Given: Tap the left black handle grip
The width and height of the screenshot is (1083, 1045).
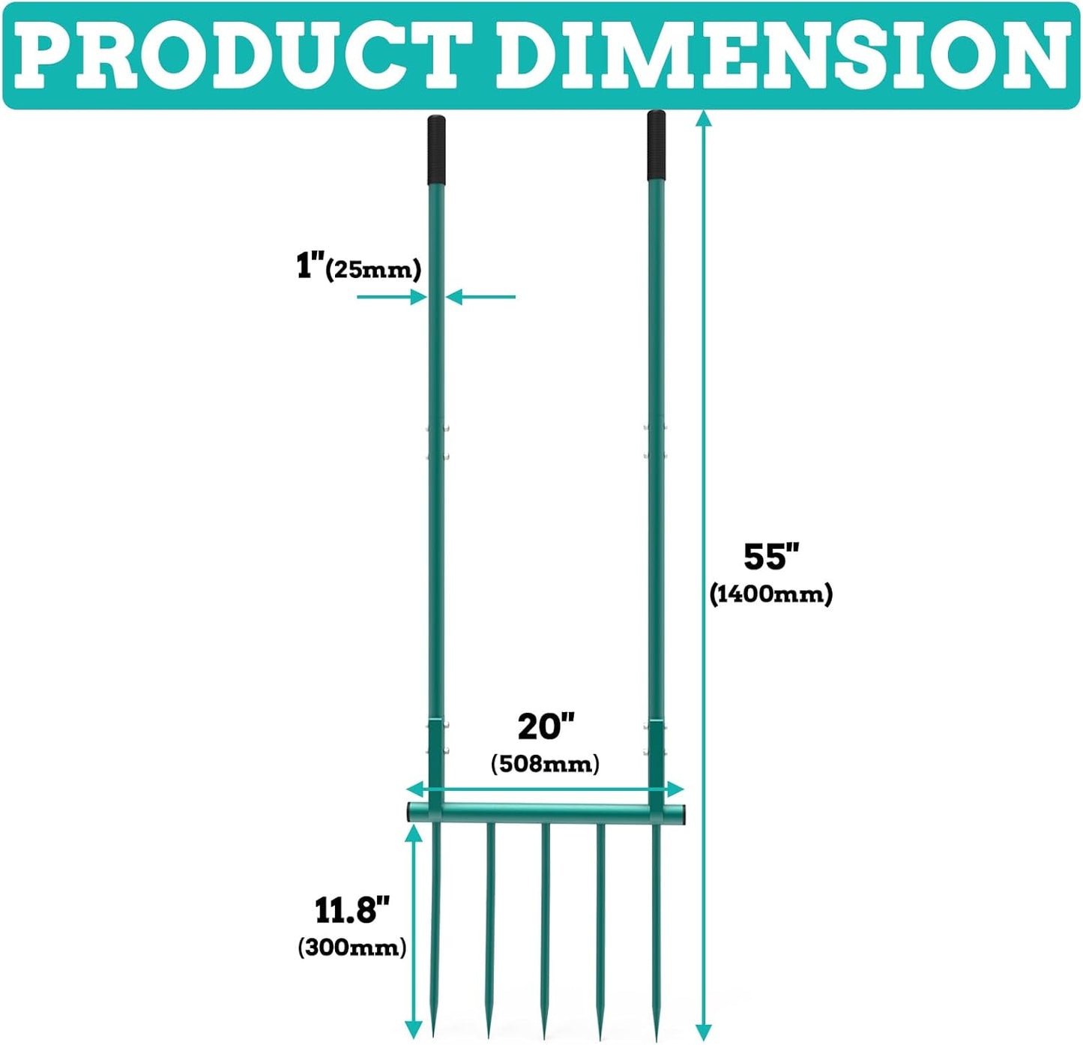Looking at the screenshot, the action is [437, 149].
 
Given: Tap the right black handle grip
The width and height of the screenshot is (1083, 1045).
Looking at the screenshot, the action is [657, 145].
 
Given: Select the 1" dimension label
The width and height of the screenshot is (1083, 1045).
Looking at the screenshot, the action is [310, 265].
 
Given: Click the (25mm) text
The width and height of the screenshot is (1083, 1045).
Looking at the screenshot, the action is [373, 271].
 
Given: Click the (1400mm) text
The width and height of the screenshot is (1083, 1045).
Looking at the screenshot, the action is [770, 594].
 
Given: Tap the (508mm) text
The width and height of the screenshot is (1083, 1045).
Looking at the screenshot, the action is [546, 763].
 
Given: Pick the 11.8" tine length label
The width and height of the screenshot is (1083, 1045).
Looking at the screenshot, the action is [352, 910].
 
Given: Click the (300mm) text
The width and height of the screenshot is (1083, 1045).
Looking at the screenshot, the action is [352, 947].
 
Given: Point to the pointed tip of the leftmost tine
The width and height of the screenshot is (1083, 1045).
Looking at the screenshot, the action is [434, 1038].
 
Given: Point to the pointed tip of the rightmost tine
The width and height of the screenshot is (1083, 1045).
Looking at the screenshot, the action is [656, 1040].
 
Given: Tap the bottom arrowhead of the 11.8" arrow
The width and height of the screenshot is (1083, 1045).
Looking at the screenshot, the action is [412, 1030].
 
